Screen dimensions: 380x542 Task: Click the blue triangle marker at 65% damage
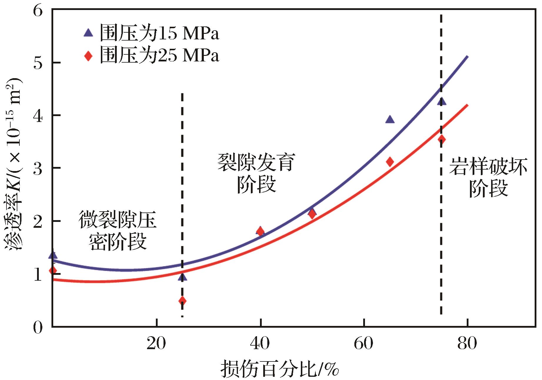coord(390,120)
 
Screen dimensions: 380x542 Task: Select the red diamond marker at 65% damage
coord(390,162)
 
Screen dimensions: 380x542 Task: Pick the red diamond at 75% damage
coord(441,139)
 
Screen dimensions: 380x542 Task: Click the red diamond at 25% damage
coord(182,301)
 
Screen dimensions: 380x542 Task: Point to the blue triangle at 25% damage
coord(182,277)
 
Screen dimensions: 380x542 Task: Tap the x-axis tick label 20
coord(156,344)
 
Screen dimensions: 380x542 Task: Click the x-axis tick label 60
coord(364,344)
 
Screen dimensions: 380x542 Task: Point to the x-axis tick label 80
coord(467,344)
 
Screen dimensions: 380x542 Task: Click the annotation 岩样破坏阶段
coord(488,178)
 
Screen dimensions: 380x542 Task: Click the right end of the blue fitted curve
coord(467,57)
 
